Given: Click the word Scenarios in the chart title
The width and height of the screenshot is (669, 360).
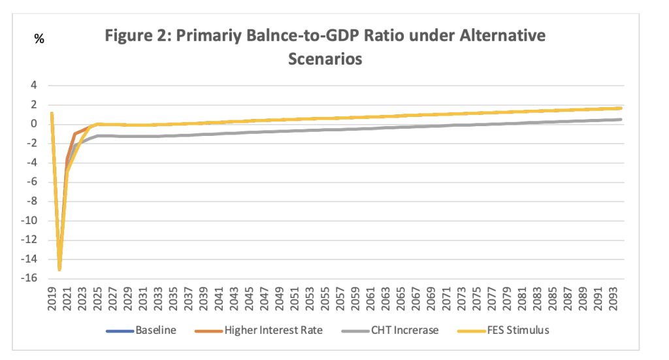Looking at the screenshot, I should [x=325, y=58].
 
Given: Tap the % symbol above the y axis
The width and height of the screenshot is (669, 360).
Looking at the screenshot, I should [x=39, y=39].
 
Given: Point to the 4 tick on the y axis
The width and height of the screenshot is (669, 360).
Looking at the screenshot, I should [x=33, y=86].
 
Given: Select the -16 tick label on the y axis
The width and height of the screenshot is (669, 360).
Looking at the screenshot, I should [x=29, y=278].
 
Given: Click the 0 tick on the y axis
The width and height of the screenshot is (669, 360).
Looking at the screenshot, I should [x=33, y=124].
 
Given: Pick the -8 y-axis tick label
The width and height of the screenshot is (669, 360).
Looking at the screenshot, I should [x=31, y=201].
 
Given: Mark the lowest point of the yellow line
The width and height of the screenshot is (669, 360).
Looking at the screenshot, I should [x=59, y=269].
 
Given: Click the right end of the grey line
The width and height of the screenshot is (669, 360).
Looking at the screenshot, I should [x=621, y=120].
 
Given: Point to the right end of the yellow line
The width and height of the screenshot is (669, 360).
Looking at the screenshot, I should [x=621, y=108].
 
